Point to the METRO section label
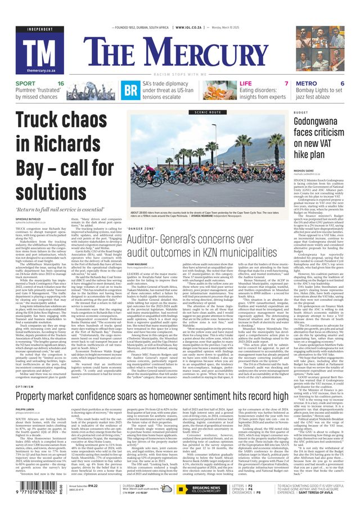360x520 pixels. click(306, 84)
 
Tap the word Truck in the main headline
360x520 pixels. click(40, 124)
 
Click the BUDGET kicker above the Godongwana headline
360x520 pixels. click(301, 112)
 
